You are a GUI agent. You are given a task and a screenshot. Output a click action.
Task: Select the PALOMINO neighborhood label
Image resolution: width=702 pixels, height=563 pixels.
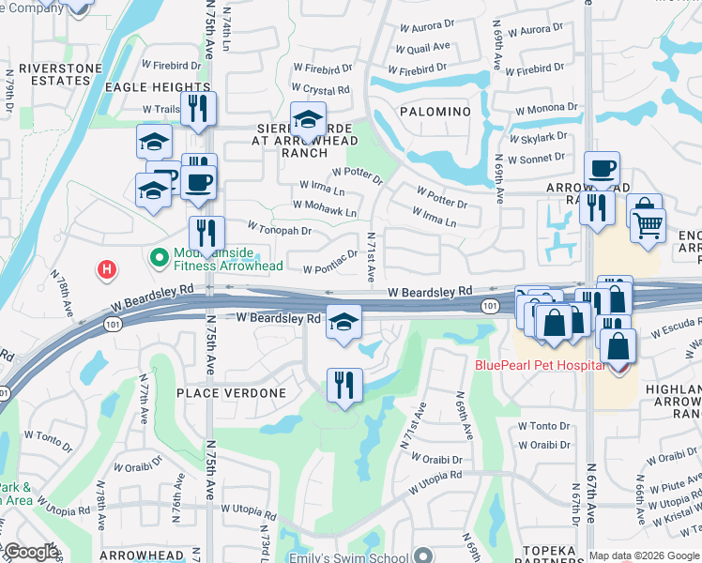tap(435, 112)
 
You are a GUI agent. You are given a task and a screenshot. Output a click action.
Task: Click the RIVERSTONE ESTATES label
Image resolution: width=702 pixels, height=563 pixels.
tap(53, 75)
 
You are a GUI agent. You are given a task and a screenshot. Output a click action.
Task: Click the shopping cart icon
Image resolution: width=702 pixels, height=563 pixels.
tap(648, 225)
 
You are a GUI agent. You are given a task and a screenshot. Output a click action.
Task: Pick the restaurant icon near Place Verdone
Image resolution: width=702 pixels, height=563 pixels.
tap(344, 384)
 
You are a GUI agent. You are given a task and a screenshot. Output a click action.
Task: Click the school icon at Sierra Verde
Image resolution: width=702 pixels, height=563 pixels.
tap(308, 119)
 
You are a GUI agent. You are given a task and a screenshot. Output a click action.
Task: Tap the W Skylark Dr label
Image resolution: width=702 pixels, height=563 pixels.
tap(539, 137)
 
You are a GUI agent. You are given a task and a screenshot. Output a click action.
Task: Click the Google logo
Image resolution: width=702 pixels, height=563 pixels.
tap(31, 552)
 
